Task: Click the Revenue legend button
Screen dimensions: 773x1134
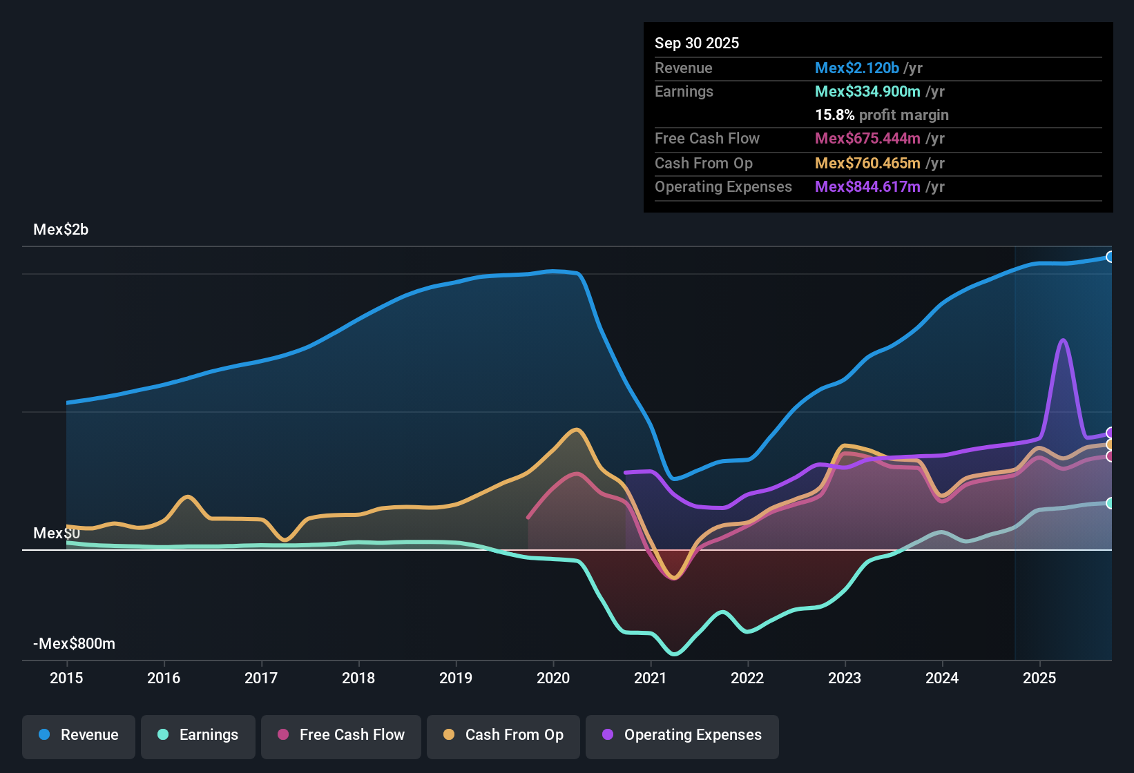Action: pyautogui.click(x=79, y=735)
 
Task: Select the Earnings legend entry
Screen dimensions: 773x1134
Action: pyautogui.click(x=198, y=735)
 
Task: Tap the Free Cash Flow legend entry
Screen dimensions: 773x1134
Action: pyautogui.click(x=341, y=735)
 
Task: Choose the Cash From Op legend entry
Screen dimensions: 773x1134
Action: pyautogui.click(x=503, y=735)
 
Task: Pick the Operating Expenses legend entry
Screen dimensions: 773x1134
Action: pyautogui.click(x=682, y=735)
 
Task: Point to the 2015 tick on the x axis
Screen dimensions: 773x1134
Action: pyautogui.click(x=66, y=678)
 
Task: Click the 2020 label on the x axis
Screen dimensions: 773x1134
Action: pyautogui.click(x=553, y=678)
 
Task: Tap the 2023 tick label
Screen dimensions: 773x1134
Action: pyautogui.click(x=845, y=678)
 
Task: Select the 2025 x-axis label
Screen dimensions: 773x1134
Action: pyautogui.click(x=1039, y=678)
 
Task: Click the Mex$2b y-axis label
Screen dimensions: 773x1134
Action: pyautogui.click(x=61, y=230)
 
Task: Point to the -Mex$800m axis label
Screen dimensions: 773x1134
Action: pyautogui.click(x=74, y=644)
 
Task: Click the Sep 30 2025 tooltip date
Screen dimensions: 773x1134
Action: pyautogui.click(x=697, y=43)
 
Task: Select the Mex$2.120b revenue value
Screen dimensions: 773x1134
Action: pyautogui.click(x=857, y=68)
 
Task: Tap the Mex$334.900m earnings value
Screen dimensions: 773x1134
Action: pyautogui.click(x=867, y=92)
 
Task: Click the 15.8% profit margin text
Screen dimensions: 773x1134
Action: pyautogui.click(x=882, y=115)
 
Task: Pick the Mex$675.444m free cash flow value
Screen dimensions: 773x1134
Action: pyautogui.click(x=867, y=139)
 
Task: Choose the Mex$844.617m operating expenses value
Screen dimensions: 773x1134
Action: pyautogui.click(x=867, y=187)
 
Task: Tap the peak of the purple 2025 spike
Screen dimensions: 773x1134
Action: pyautogui.click(x=1063, y=340)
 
